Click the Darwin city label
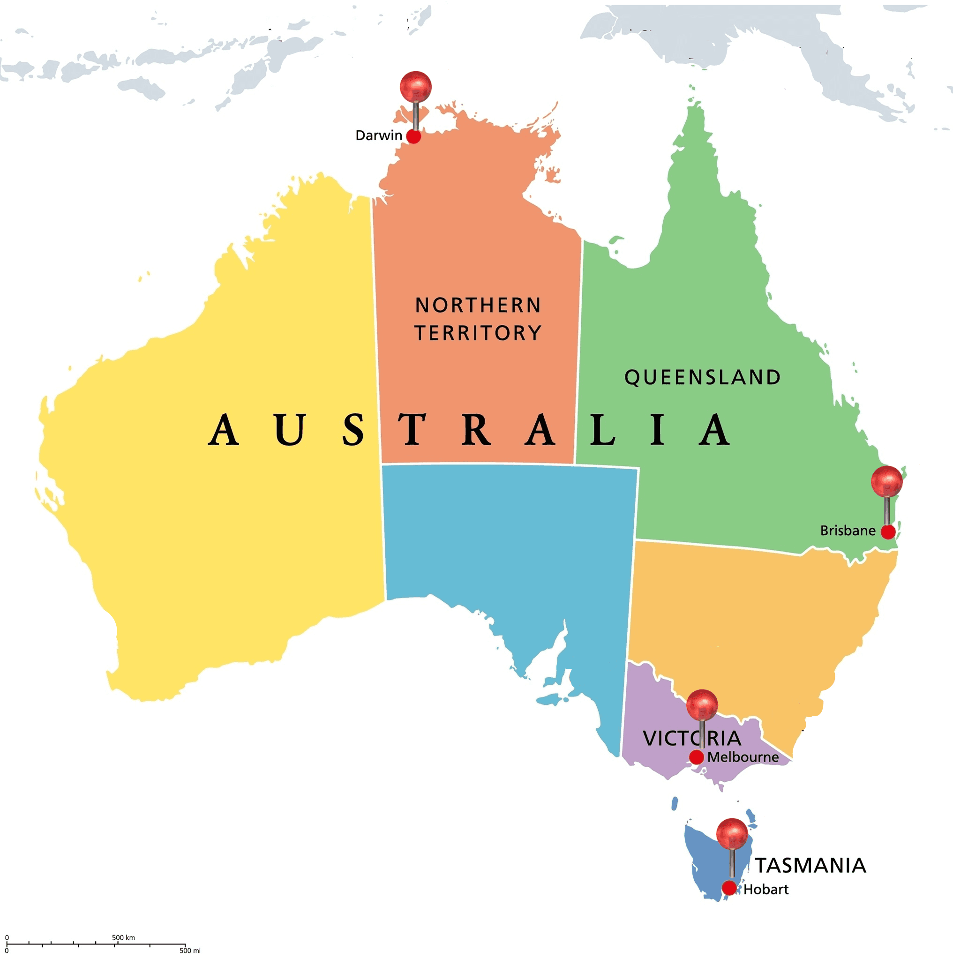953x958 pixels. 378,135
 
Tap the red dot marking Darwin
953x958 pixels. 413,136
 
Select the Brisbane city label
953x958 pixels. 848,531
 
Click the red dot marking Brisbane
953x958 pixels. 887,531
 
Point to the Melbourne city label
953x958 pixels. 743,757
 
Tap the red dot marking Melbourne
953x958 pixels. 696,757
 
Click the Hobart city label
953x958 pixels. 765,890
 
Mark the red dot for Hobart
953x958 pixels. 729,888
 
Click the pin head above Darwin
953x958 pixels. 415,86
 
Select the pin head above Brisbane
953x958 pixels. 886,481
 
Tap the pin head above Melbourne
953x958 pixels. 702,704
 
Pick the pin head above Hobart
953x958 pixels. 732,833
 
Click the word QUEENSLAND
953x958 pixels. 702,377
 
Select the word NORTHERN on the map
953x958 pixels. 478,306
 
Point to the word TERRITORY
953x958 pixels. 478,333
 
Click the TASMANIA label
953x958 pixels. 810,865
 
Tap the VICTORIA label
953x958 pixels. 692,738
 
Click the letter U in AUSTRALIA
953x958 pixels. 289,429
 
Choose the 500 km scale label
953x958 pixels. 123,937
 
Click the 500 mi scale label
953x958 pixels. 190,951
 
